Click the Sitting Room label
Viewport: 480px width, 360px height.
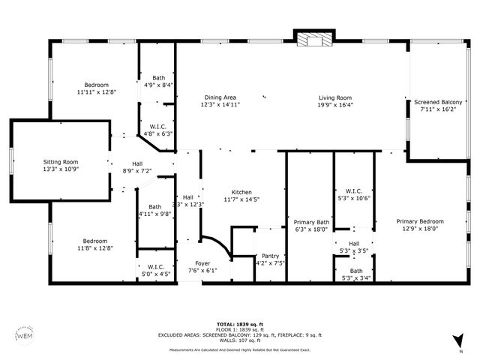pos(60,162)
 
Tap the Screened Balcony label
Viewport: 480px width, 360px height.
pos(438,101)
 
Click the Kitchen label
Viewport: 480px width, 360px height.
pos(241,192)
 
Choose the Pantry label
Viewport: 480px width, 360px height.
pos(270,256)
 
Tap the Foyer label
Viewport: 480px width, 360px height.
pos(202,263)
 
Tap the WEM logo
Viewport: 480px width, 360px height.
pos(25,335)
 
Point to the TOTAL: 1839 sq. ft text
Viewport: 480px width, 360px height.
pos(240,324)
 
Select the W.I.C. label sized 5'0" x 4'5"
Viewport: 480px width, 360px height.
pos(156,267)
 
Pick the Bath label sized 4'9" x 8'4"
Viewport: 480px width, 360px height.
pos(159,78)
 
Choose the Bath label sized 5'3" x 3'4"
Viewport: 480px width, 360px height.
pos(355,271)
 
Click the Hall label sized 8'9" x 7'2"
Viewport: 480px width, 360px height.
pos(137,163)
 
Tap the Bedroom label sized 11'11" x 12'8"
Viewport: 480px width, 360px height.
pos(96,85)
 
